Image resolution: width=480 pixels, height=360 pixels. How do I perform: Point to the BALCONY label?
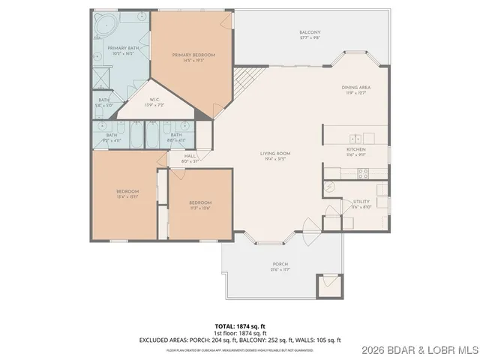click(x=310, y=32)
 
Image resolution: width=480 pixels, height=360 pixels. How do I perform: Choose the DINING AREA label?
click(x=356, y=88)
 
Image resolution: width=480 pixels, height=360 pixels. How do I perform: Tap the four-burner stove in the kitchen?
click(x=363, y=173)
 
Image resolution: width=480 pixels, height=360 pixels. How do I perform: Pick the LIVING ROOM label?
click(x=275, y=154)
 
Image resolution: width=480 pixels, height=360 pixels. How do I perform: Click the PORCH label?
click(x=280, y=265)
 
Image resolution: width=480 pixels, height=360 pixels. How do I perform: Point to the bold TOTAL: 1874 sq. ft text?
click(x=239, y=327)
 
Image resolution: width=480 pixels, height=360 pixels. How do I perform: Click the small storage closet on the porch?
click(x=328, y=286)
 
